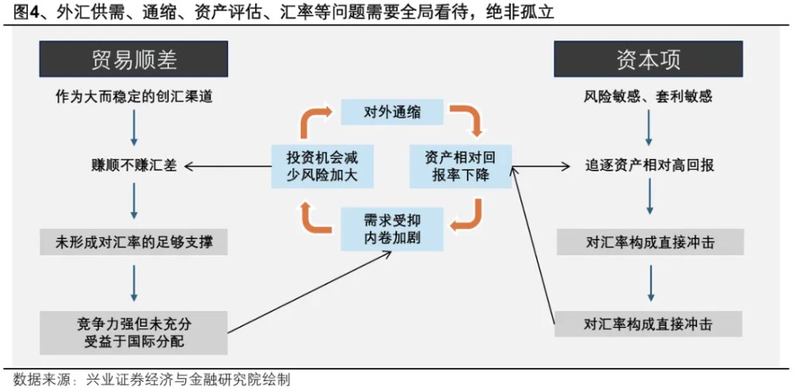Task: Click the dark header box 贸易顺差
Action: click(133, 59)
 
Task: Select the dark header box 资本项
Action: click(648, 59)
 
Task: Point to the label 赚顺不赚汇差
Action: click(133, 165)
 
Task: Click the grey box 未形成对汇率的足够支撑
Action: click(133, 242)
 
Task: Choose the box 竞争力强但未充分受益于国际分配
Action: click(133, 331)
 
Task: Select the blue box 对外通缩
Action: click(392, 112)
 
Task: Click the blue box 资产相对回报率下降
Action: click(461, 165)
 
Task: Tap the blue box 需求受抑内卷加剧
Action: click(392, 226)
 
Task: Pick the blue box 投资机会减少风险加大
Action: click(320, 165)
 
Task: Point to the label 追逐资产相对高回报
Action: click(648, 165)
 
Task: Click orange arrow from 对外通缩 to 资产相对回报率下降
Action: click(468, 120)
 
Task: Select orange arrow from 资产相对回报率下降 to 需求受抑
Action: click(468, 215)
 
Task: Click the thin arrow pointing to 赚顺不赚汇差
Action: click(225, 165)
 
